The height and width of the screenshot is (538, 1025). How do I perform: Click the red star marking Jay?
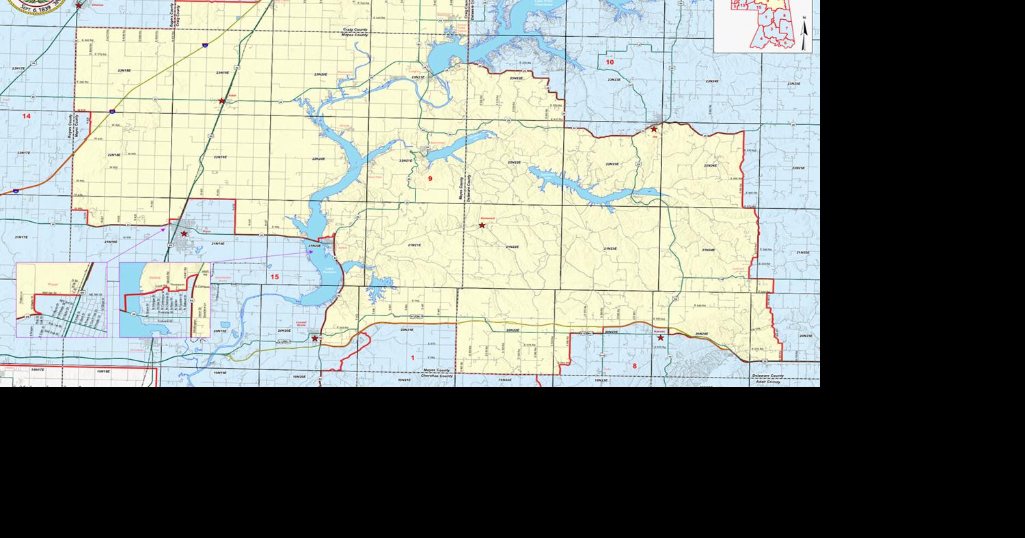654,129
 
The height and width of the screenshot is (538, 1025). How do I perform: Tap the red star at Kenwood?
482,225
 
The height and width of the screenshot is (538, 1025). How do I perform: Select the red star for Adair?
221,101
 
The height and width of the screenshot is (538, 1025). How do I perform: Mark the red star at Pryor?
184,234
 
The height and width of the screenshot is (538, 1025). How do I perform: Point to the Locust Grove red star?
315,338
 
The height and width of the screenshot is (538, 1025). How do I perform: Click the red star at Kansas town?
660,337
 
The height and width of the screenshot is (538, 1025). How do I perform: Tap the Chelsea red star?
79,5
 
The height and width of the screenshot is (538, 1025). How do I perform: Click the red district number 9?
430,178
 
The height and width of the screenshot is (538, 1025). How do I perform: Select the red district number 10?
610,62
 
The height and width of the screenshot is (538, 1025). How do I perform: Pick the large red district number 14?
26,116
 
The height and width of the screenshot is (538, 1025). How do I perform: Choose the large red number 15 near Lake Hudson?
275,277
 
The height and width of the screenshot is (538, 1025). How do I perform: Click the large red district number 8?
634,366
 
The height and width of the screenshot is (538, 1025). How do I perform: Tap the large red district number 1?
412,358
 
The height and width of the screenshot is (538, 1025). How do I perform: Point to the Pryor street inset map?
61,300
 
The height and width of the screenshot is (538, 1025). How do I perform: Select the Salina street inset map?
165,300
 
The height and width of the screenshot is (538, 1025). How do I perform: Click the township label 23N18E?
124,70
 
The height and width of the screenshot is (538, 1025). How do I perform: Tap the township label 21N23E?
610,249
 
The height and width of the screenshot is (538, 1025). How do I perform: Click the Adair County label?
769,382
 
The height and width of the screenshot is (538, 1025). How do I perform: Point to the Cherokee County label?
437,376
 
